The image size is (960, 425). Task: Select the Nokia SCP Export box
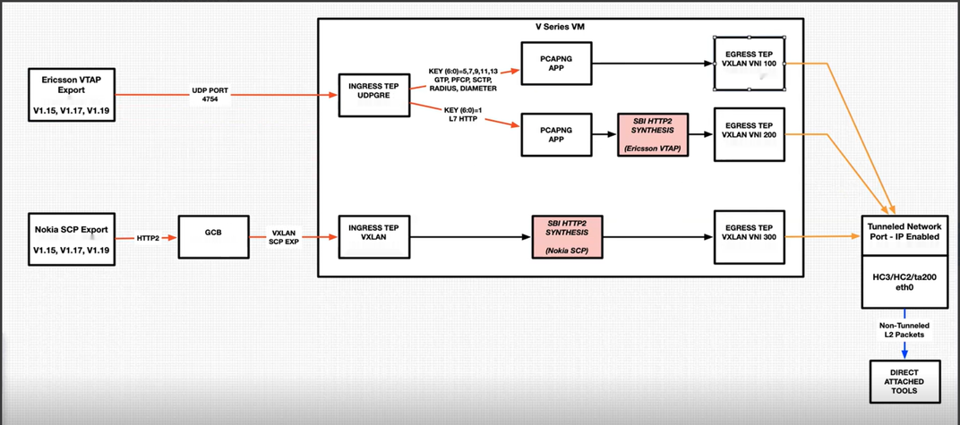(x=72, y=236)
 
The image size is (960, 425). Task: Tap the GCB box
(x=213, y=236)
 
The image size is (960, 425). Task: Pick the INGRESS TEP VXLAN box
(x=373, y=234)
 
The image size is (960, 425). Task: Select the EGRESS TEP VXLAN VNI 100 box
(x=750, y=63)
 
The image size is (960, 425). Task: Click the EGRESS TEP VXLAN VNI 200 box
(x=750, y=133)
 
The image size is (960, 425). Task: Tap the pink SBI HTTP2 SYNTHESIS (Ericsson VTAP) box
(x=653, y=134)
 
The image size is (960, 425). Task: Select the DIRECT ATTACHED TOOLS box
(x=904, y=382)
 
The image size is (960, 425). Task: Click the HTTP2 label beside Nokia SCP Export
(x=148, y=238)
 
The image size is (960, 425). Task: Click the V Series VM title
(x=561, y=27)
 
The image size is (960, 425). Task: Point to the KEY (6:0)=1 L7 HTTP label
(x=463, y=114)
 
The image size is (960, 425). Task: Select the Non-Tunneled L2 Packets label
(x=904, y=327)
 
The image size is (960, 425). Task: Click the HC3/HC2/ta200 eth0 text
(x=904, y=283)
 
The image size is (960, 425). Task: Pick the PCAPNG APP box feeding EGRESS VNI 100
(x=556, y=63)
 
